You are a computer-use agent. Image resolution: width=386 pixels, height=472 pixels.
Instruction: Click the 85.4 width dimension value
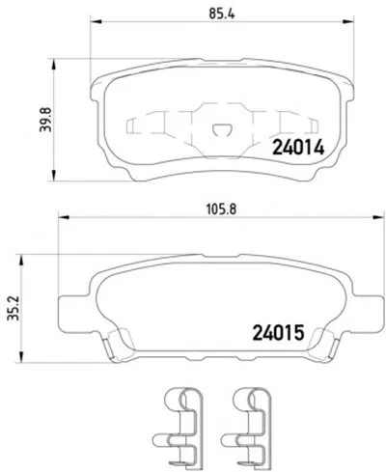[222, 14]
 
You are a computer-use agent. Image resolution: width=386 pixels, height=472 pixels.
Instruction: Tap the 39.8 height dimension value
[45, 120]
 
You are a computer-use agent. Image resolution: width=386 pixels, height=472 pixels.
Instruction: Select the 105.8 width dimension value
[221, 209]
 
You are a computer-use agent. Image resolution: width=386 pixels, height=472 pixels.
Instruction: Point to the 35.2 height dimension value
[14, 309]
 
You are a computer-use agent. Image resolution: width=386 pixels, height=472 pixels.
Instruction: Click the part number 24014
[298, 148]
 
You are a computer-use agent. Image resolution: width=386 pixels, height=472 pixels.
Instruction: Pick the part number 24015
[278, 333]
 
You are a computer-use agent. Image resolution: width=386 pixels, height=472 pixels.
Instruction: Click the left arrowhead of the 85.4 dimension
[96, 21]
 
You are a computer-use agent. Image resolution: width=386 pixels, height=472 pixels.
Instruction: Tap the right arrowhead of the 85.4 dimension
[347, 21]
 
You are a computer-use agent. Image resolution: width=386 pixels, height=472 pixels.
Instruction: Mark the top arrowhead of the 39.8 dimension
[54, 65]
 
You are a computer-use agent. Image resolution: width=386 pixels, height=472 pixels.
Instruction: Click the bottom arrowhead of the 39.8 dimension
[54, 175]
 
